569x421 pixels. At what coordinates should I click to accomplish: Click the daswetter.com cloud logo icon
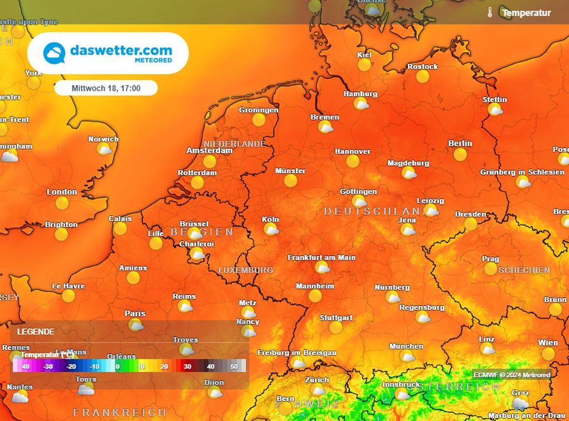pyautogui.click(x=55, y=53)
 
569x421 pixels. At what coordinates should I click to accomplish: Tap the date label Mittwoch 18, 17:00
pyautogui.click(x=106, y=88)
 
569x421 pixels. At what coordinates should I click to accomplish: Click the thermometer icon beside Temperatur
pyautogui.click(x=490, y=12)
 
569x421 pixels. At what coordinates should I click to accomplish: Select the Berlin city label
pyautogui.click(x=460, y=143)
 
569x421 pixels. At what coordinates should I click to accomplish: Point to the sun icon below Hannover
pyautogui.click(x=352, y=161)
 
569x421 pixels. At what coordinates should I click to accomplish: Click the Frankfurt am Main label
pyautogui.click(x=321, y=258)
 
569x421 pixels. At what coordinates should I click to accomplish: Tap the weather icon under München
pyautogui.click(x=407, y=356)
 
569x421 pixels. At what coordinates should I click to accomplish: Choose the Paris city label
pyautogui.click(x=134, y=314)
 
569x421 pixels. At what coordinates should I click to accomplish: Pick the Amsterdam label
pyautogui.click(x=209, y=151)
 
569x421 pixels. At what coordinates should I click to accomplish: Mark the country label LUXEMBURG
pyautogui.click(x=246, y=270)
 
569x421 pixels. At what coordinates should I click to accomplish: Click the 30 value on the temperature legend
pyautogui.click(x=187, y=367)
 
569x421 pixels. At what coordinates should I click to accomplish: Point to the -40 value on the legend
pyautogui.click(x=24, y=367)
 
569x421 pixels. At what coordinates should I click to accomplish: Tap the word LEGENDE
pyautogui.click(x=36, y=332)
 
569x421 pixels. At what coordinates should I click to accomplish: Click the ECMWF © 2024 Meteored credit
pyautogui.click(x=512, y=375)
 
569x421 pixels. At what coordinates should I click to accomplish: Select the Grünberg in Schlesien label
pyautogui.click(x=522, y=172)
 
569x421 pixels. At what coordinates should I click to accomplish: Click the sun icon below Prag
pyautogui.click(x=490, y=269)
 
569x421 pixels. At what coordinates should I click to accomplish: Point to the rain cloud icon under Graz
pyautogui.click(x=520, y=403)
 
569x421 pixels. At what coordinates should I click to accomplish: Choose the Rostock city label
pyautogui.click(x=422, y=67)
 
